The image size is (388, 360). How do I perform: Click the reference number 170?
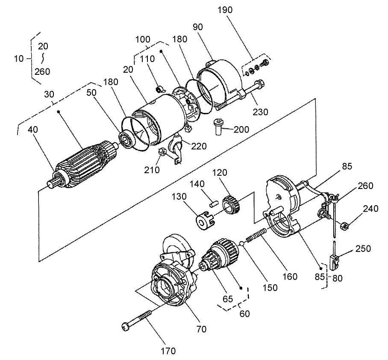pyautogui.click(x=168, y=351)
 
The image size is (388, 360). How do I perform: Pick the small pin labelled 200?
pyautogui.click(x=217, y=127)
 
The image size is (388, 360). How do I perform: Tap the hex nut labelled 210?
pyautogui.click(x=162, y=152)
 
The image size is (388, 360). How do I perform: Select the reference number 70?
pyautogui.click(x=201, y=329)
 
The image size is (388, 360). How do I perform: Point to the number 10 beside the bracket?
pyautogui.click(x=19, y=59)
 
